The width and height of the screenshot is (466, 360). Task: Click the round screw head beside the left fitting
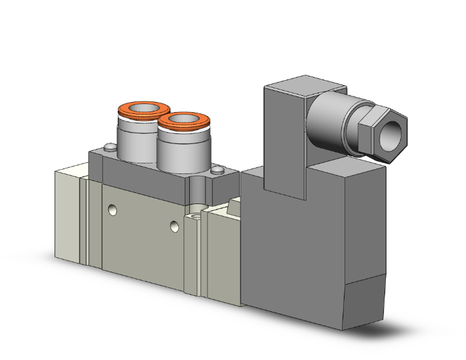pyautogui.click(x=109, y=148)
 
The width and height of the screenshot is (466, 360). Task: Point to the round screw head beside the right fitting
pyautogui.click(x=217, y=169)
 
